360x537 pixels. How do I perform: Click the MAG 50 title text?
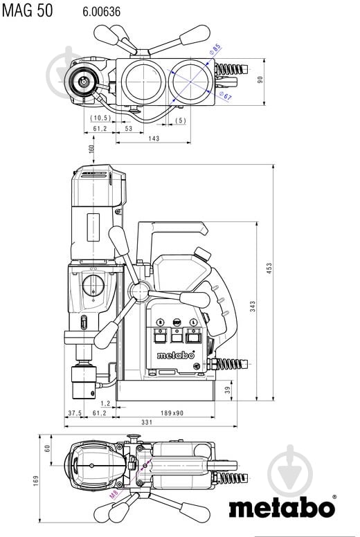point(28,10)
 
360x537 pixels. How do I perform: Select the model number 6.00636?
point(101,12)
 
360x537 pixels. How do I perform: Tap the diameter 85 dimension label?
point(215,49)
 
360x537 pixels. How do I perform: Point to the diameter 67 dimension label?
point(226,96)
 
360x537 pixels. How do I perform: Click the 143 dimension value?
point(154,138)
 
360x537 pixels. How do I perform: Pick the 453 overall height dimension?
point(269,268)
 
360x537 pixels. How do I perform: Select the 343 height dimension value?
point(253,307)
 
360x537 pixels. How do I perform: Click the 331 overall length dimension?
point(147,422)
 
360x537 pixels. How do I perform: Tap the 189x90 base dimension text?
point(172,413)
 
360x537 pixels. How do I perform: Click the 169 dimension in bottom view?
point(36,480)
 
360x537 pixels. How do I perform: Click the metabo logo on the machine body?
point(176,355)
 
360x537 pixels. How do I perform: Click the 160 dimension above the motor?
point(91,149)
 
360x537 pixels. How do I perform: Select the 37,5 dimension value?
point(75,413)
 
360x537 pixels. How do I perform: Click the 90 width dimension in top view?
point(260,80)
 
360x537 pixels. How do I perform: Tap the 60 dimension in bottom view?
point(48,448)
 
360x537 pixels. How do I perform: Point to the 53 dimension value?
point(129,129)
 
